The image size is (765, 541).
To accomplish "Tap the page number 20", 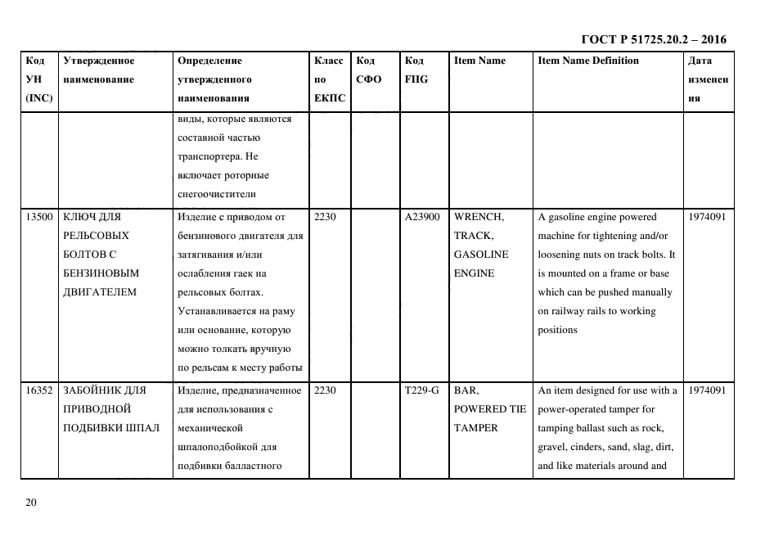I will (31, 503).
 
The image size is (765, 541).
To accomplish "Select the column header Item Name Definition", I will (587, 61).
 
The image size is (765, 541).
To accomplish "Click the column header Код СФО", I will (367, 70).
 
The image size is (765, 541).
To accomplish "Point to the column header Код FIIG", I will (416, 70).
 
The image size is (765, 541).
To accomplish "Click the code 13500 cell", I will (39, 218).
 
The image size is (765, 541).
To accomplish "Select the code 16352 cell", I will (39, 391).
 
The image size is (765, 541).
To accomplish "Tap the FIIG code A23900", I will (422, 218).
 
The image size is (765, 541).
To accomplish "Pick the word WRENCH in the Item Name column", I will (479, 218).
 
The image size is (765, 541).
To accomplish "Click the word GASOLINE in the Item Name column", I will (481, 255).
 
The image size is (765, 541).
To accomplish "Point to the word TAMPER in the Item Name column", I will (476, 428).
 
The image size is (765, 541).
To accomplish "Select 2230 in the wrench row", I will (326, 218).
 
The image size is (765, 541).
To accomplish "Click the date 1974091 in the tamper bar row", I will (707, 391).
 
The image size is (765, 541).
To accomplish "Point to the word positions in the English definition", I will (557, 330).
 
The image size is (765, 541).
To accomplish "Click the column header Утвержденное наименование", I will (98, 70).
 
